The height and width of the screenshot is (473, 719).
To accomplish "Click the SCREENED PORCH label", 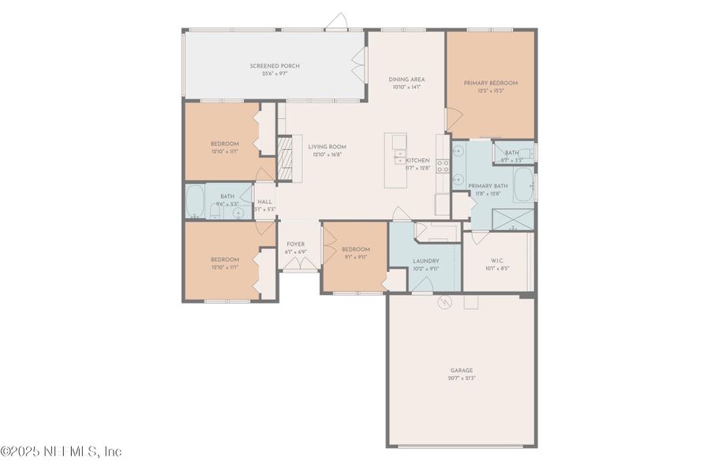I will coord(275,65).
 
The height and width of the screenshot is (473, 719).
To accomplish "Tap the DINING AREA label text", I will coord(406,80).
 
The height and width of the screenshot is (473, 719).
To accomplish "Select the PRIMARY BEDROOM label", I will coord(490,83).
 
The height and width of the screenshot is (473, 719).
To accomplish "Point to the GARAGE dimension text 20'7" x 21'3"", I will coord(462,378).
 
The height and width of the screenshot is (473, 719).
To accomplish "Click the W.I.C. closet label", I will coord(497,260).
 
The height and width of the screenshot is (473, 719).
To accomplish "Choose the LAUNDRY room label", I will coord(425,261).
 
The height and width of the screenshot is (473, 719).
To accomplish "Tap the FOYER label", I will coord(296,244).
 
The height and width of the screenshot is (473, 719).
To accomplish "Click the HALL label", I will coord(265,202).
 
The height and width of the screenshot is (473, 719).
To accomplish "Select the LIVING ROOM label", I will coord(327,147).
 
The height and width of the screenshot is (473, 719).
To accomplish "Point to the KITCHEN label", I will coord(418,160).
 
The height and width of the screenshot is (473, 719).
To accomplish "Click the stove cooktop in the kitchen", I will coord(443,166).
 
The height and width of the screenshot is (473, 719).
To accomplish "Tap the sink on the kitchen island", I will coord(399,155).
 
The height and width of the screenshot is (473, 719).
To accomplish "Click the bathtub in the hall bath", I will coord(196,202).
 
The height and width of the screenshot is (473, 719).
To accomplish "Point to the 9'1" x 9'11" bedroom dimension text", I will coord(355,256).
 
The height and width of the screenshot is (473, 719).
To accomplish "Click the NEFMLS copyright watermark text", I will coord(62,452).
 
